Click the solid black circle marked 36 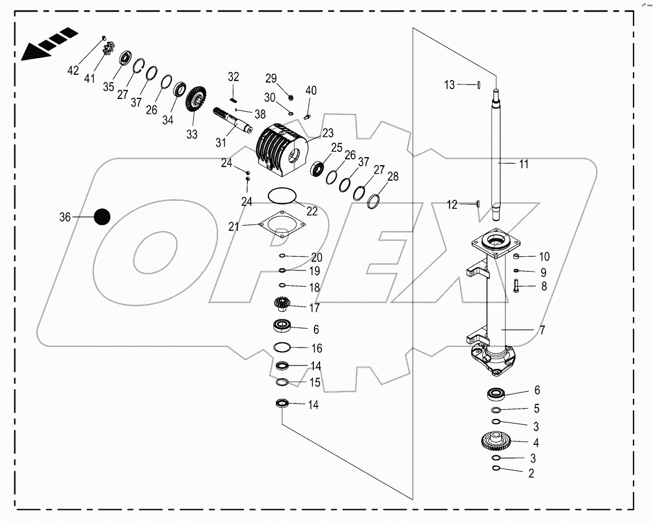(102, 217)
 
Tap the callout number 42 (73, 70)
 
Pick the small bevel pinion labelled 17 (282, 303)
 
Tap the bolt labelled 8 (516, 285)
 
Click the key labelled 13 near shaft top (478, 85)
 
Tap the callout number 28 (392, 177)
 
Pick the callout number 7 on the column (543, 331)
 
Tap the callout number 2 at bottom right (531, 474)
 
